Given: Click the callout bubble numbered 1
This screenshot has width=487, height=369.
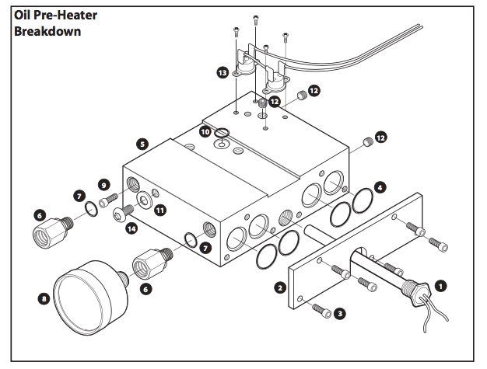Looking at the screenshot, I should click(440, 285).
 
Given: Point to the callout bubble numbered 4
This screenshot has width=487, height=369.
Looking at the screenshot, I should click(379, 186).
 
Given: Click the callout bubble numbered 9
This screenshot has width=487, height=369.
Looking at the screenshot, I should click(103, 184).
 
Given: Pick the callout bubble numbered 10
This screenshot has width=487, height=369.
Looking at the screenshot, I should click(205, 132).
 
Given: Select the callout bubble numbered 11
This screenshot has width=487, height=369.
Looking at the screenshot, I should click(159, 210).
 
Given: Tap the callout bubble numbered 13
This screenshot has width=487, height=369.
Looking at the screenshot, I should click(223, 71).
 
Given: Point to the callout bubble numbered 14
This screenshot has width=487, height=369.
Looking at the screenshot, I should click(131, 228).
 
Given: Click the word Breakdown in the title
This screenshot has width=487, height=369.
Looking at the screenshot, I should click(47, 32).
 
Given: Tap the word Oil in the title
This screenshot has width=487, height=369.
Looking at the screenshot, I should click(24, 15).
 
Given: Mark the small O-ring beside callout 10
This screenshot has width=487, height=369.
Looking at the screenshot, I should click(223, 133).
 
